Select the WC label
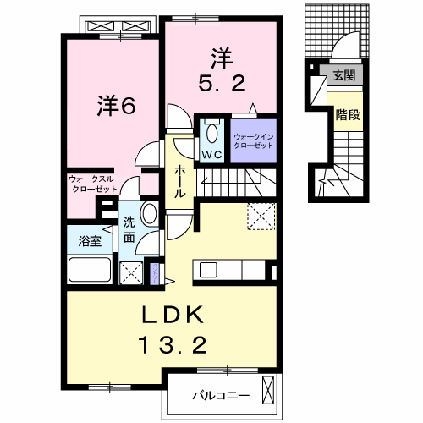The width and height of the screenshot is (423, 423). click(x=211, y=154)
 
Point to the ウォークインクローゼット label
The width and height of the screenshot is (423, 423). click(x=254, y=140)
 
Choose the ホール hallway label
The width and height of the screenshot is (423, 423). click(x=180, y=181)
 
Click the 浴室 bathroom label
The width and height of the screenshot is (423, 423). click(x=91, y=240)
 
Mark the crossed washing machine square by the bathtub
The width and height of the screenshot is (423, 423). click(x=131, y=272)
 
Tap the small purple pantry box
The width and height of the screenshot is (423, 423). click(x=154, y=273)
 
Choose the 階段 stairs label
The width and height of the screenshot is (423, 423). click(x=347, y=114)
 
